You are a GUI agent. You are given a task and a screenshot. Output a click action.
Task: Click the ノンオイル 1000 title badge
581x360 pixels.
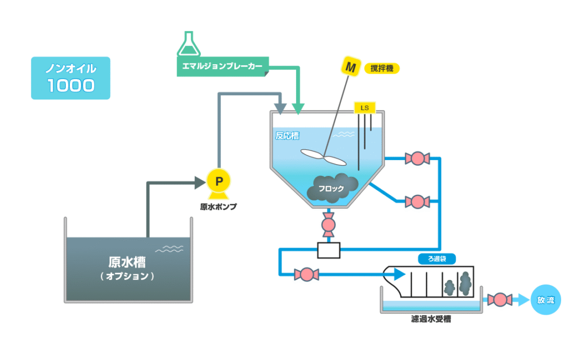(x=70, y=78)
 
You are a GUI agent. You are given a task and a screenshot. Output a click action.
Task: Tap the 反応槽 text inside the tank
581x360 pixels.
(x=287, y=136)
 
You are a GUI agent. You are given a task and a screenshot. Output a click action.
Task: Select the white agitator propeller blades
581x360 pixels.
(x=321, y=155)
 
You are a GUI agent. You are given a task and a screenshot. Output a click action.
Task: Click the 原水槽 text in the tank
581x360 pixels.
(x=127, y=262)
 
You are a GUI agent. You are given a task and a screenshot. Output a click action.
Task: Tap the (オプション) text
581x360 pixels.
(x=127, y=277)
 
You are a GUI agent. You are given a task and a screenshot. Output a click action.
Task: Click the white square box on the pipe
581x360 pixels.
(x=329, y=250)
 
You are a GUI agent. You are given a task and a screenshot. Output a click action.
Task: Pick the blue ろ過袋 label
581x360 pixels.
(x=437, y=259)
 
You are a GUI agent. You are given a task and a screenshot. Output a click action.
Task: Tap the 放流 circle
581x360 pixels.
(x=545, y=299)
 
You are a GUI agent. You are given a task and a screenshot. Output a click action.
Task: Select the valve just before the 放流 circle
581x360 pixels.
(x=500, y=299)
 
